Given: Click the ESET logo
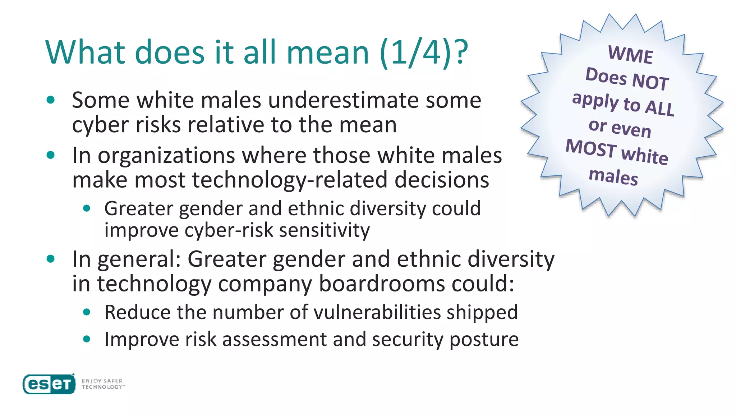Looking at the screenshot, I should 49,384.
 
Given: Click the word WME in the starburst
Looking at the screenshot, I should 630,55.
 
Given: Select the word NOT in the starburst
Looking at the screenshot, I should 650,81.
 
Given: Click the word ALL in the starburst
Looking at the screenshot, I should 659,107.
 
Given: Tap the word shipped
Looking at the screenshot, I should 482,312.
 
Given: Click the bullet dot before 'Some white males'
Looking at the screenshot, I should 51,100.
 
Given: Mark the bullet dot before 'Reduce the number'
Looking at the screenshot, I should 87,312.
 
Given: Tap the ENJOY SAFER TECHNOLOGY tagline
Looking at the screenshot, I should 103,384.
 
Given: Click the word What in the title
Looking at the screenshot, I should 85,52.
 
